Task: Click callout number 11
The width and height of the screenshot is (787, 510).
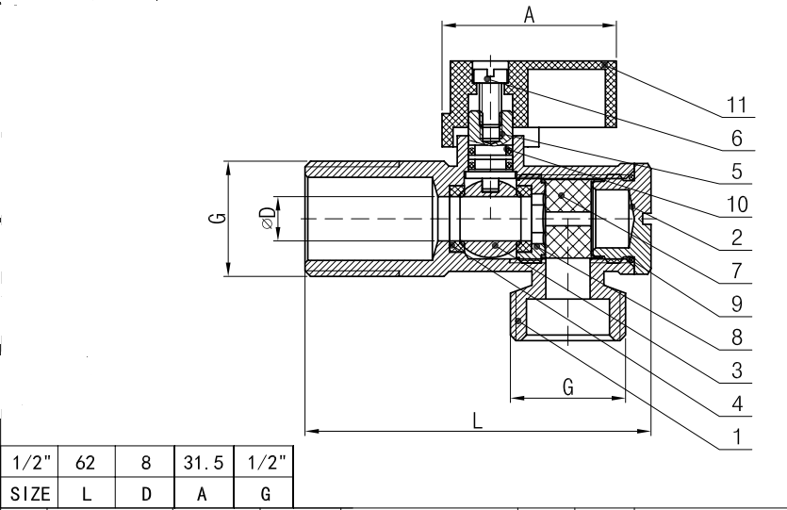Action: [x=735, y=104]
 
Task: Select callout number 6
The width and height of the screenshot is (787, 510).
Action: [x=737, y=138]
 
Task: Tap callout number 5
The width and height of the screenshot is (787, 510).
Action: [x=737, y=172]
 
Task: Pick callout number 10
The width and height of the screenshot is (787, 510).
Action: [x=735, y=204]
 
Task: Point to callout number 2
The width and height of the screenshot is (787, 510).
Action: [x=737, y=238]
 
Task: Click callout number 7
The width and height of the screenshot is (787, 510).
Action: [x=737, y=271]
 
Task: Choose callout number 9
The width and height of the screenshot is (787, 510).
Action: [x=737, y=304]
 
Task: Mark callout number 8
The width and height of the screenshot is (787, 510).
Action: [x=737, y=337]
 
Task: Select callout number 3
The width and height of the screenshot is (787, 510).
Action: [x=737, y=370]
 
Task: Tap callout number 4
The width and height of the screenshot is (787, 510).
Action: [x=737, y=404]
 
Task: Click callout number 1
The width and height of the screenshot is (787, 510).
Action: [x=737, y=437]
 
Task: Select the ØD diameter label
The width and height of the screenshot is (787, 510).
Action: [x=269, y=218]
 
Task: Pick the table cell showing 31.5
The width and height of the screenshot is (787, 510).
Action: [x=202, y=463]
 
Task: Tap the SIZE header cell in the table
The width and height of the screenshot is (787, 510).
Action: [x=30, y=493]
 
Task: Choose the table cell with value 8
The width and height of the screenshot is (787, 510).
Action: [x=145, y=463]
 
